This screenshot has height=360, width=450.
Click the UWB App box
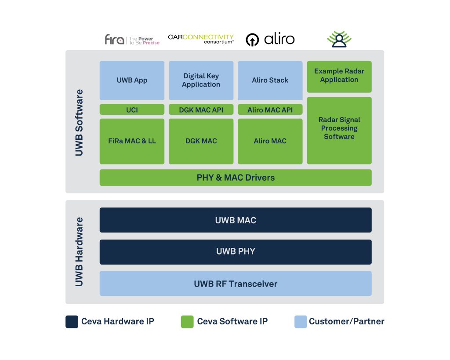[x=132, y=80]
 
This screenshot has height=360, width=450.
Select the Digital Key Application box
[x=201, y=80]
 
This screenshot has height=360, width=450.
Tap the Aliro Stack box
[x=270, y=80]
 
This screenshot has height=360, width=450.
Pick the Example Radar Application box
[x=339, y=76]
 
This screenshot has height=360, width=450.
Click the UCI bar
[x=132, y=109]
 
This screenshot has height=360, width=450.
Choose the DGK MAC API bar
[x=201, y=109]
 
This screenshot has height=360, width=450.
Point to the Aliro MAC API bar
[x=270, y=109]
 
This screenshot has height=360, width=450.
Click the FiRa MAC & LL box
[x=132, y=141]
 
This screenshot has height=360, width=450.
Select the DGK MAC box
[x=201, y=141]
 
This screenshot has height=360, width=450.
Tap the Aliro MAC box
[x=270, y=141]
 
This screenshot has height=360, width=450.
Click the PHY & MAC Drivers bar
[x=236, y=178]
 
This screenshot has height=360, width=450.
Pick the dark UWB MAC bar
[x=236, y=220]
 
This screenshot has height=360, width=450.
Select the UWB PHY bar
[x=236, y=251]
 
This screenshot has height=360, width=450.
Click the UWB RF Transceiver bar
[x=236, y=284]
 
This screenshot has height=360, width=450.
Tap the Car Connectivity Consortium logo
[x=201, y=39]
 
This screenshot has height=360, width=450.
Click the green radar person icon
[x=339, y=39]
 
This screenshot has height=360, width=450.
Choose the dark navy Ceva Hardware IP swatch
[x=72, y=322]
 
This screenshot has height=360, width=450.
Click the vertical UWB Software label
[x=79, y=123]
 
